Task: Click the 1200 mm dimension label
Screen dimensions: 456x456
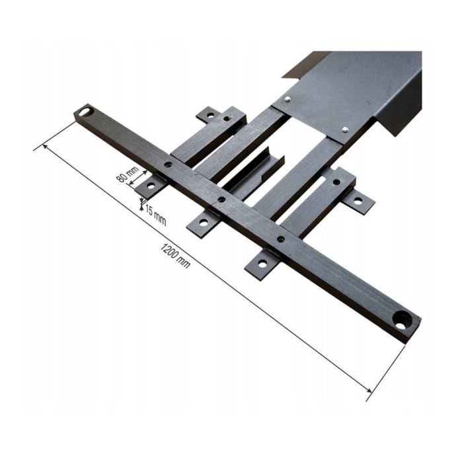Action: pos(175,256)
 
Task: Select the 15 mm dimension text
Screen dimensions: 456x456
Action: pos(155,215)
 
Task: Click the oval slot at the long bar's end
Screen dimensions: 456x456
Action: pos(86,112)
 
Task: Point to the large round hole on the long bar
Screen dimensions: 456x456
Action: pos(402,320)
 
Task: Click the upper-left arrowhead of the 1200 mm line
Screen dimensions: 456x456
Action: pos(45,146)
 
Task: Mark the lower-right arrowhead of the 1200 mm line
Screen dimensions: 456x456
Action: pos(369,390)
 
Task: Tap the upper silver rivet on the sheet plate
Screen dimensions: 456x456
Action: pos(287,99)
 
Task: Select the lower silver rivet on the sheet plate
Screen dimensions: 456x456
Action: pos(345,129)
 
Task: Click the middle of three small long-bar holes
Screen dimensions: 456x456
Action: pos(221,199)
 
